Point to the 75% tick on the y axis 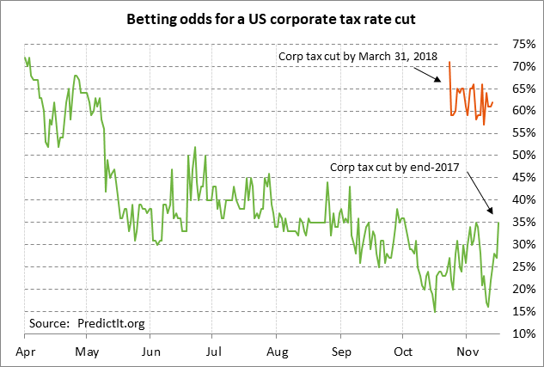click(523, 44)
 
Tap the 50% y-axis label click(523, 156)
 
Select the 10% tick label click(523, 333)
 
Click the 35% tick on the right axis click(523, 223)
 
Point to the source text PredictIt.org click(88, 323)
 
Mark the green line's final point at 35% click(498, 223)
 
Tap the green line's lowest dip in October click(435, 311)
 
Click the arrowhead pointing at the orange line click(443, 83)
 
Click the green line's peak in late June click(195, 147)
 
